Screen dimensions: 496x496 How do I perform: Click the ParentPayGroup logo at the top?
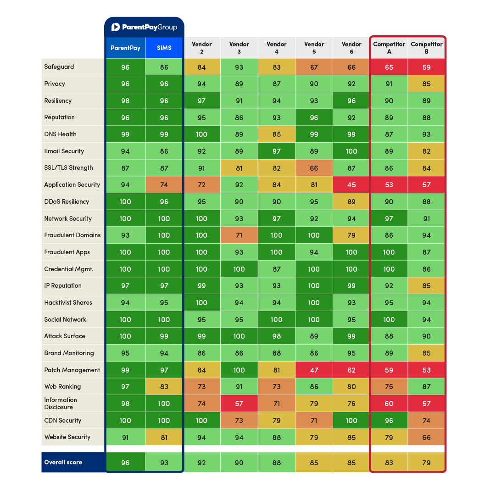coord(144,27)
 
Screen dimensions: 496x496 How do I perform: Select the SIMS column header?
coord(164,48)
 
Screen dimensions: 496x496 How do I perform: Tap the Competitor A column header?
coord(389,48)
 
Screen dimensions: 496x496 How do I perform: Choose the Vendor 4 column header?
coord(276,48)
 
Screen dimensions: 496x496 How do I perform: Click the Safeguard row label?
coord(59,67)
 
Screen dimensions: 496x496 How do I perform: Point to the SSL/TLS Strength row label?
coord(68,168)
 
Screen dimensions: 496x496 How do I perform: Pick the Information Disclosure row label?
coord(61,403)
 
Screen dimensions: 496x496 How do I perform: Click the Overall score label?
coord(63,463)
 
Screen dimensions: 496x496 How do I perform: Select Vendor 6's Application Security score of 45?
coord(351,185)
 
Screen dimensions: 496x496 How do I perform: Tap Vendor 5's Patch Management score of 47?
coord(314,370)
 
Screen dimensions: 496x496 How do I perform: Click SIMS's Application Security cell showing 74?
coord(164,185)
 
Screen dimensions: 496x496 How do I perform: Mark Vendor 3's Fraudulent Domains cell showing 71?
coord(239,235)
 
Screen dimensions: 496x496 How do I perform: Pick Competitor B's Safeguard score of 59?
coord(427,67)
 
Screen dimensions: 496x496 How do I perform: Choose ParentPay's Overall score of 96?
coord(125,463)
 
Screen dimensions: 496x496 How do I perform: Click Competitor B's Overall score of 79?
coord(427,463)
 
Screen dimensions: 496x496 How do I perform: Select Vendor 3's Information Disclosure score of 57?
coord(239,404)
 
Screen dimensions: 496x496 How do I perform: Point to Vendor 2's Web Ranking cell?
coord(201,387)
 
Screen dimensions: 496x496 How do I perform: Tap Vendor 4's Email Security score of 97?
coord(276,151)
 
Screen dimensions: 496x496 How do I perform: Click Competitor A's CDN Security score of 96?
coord(389,421)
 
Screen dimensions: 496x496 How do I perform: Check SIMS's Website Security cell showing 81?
coord(164,437)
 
